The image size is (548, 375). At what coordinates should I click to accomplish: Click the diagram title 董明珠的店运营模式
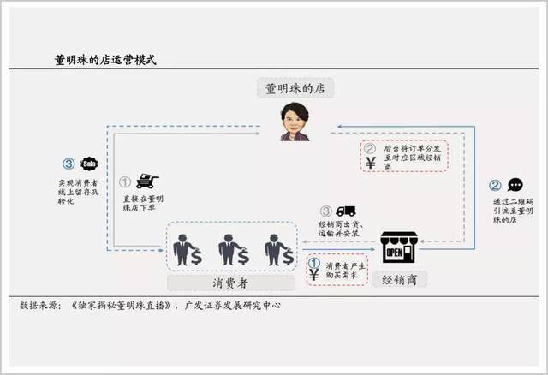pos(105,60)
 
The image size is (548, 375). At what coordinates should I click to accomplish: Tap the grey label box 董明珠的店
pos(295,88)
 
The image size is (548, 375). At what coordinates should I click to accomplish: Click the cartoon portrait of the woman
pos(295,122)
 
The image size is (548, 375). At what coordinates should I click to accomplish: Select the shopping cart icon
pos(147,181)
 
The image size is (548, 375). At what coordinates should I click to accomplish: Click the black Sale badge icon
pos(89,164)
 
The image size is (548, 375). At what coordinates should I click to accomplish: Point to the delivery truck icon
pos(346,211)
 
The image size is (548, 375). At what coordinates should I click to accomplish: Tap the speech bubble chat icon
pos(515,185)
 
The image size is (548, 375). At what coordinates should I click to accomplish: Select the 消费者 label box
pos(230,283)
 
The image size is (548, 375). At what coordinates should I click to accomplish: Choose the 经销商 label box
pos(400,279)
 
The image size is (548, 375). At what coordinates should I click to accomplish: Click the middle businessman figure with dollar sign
pos(234,249)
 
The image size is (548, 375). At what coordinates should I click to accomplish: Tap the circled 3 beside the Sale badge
pos(68,164)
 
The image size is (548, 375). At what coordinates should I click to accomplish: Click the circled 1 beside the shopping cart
pos(125,182)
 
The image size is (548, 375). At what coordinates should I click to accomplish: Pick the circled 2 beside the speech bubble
pos(495,185)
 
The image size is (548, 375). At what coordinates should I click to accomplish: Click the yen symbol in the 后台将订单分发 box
pos(371,163)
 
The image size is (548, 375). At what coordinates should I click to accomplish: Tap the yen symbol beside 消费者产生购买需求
pos(313,275)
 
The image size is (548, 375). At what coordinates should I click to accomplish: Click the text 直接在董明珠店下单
pos(143,204)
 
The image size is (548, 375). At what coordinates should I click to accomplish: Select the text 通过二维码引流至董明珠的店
pos(513,211)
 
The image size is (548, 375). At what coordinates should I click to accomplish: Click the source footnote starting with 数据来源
pos(150,306)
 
